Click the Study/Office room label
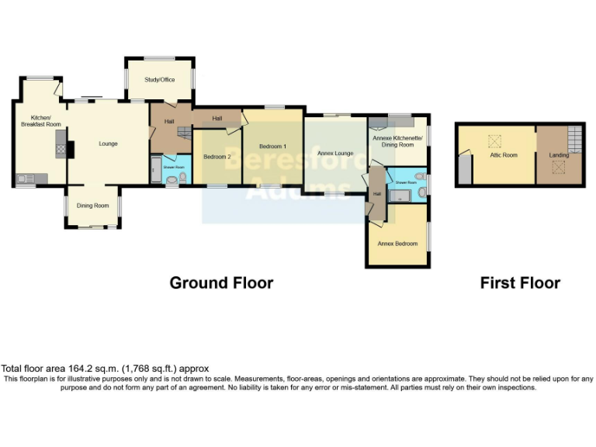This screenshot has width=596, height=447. coord(160,80)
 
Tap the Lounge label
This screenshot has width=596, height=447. coord(108,144)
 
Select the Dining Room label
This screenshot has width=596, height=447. coord(92,206)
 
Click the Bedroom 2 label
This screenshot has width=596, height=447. coord(217,157)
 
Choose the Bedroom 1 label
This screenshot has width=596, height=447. coord(272,147)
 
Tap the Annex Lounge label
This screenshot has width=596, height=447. coord(334,153)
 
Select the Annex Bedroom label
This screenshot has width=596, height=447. coord(397,243)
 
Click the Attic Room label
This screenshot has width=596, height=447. coord(503,155)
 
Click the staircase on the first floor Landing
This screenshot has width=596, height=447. coord(573,140)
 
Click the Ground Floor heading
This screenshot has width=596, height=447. coord(221,283)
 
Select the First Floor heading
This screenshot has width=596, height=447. coord(520,283)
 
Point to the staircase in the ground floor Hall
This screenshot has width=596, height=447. coord(184,133)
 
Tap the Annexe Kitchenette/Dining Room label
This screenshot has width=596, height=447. coord(397,141)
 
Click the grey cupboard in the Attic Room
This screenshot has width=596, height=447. coord(464,169)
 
